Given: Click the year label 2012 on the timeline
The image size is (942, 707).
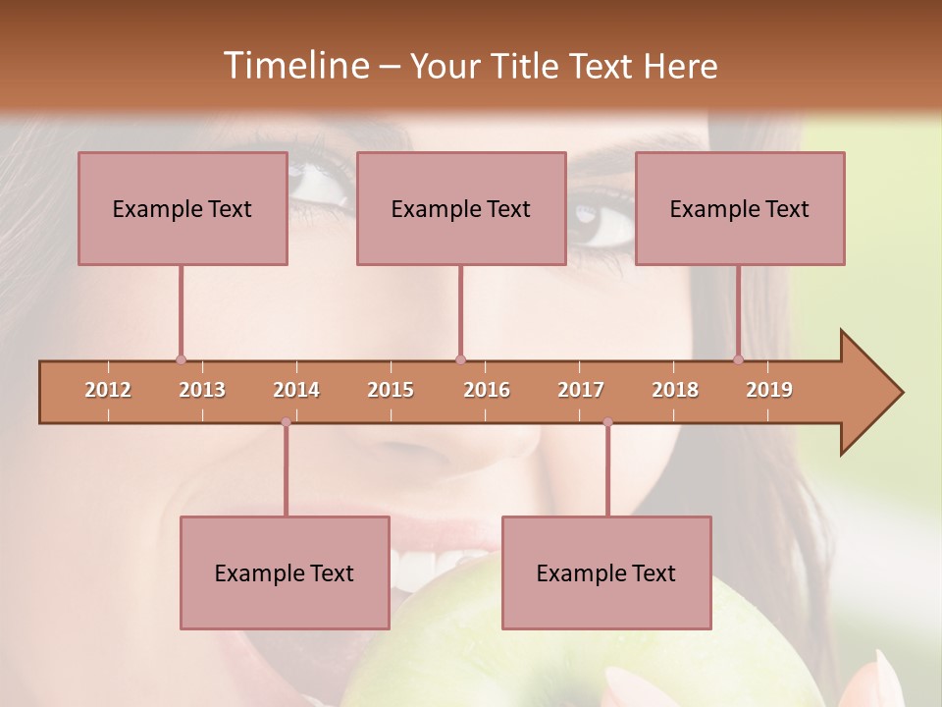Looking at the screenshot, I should pos(108,391).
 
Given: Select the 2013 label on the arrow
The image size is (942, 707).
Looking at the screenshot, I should pos(202,391).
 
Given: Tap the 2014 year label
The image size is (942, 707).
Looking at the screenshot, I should pos(296,391).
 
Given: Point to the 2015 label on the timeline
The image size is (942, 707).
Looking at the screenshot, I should pos(391,391).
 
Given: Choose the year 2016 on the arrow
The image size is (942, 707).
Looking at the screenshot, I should pos(487,391).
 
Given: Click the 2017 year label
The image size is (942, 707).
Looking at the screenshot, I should pos(581,391).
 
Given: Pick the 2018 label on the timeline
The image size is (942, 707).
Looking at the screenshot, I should pos(675,391).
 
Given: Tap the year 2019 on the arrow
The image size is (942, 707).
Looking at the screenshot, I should pos(769,391).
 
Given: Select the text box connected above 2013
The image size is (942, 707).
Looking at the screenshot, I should pos(183,208).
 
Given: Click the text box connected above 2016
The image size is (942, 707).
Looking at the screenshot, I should pos(461,208).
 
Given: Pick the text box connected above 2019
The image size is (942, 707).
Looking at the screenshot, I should pos(740,208).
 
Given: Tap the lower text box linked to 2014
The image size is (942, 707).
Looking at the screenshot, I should pos(285,572).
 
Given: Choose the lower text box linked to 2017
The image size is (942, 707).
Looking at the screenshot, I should pos(606,572).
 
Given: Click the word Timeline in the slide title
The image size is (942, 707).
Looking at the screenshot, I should pos(294,66).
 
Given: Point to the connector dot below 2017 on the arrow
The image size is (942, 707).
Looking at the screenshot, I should pos(607,422).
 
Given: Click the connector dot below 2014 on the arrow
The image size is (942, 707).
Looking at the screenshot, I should pos(286,422).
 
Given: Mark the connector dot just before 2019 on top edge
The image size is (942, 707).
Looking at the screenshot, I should pos(739,359).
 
